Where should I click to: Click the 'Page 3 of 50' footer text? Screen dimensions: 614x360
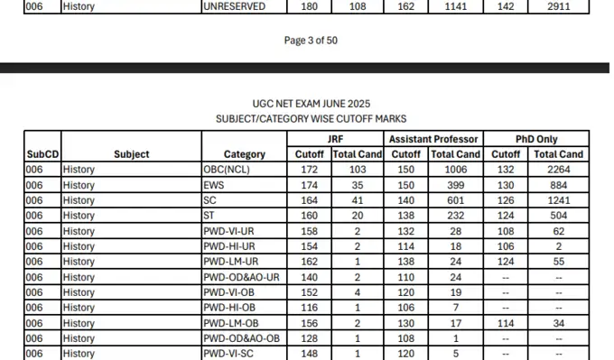coord(312,41)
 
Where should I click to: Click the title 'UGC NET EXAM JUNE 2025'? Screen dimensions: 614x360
coord(312,104)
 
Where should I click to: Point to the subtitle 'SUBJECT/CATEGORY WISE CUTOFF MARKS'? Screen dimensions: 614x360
coord(312,118)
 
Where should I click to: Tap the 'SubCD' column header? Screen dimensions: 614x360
coord(42,154)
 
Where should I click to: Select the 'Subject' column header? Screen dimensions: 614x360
coord(132,154)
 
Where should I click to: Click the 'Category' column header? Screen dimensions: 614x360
coord(244,154)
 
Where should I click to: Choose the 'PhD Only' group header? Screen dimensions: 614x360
coord(535,139)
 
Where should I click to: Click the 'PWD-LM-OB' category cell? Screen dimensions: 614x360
coord(231,323)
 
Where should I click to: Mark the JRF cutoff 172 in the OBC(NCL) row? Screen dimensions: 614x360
coord(310,170)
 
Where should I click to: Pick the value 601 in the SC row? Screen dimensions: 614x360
coord(455,200)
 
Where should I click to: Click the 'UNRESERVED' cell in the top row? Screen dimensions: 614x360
coord(236,6)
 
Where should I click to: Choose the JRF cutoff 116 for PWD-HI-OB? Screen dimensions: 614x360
coord(310,308)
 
